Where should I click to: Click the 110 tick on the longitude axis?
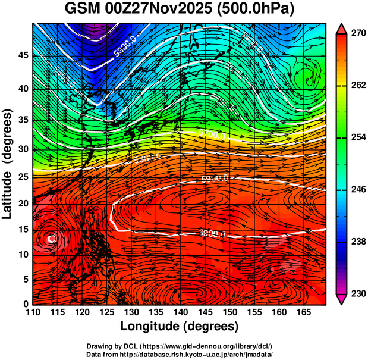tap(33, 312)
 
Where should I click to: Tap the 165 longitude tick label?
tap(302, 312)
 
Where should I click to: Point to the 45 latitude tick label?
tap(23, 55)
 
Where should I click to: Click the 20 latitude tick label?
tap(23, 203)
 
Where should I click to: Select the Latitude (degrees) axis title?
tap(8, 164)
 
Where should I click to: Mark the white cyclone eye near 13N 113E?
tap(52, 239)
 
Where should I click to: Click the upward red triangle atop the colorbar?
tap(341, 28)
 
